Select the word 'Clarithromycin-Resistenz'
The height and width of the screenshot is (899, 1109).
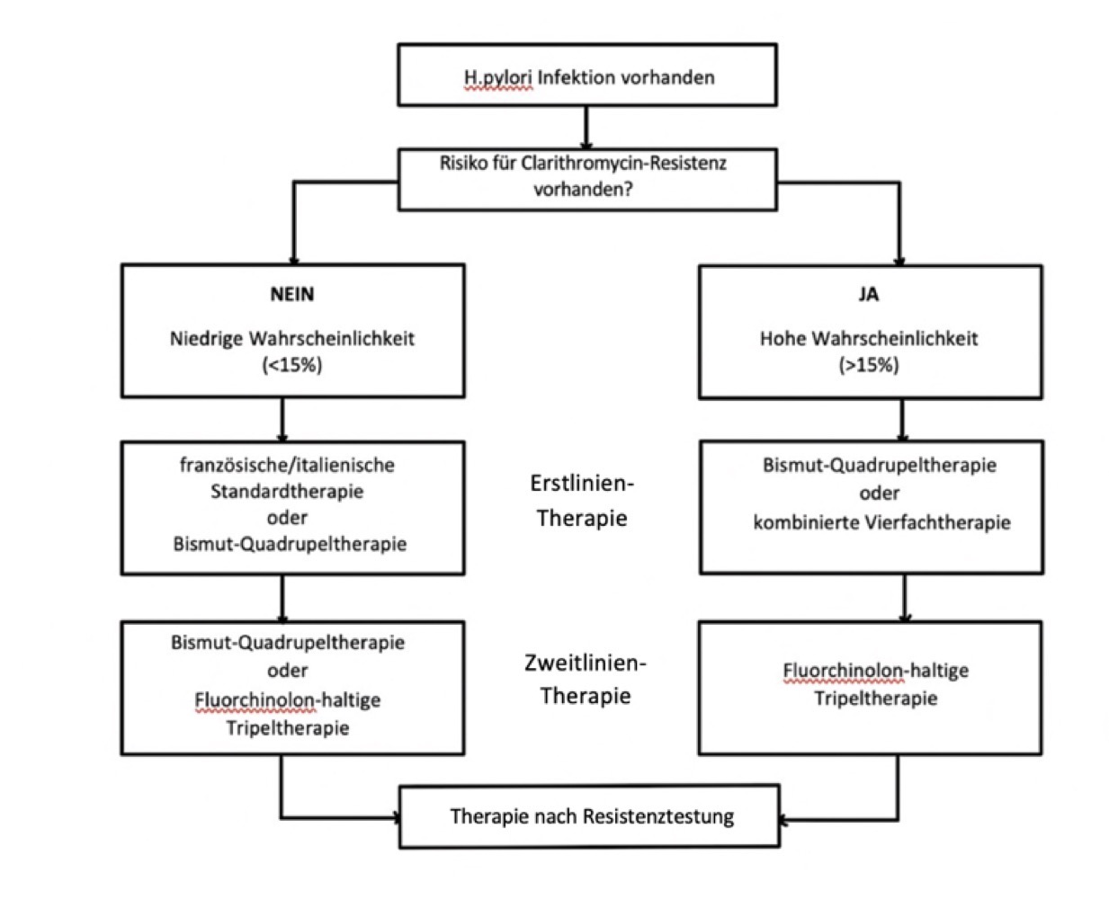tap(623, 164)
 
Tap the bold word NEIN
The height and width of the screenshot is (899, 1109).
tap(292, 295)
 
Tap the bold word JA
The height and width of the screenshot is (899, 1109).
tap(869, 295)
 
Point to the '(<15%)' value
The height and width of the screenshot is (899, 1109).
tap(292, 365)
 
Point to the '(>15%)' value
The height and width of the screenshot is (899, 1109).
tap(869, 365)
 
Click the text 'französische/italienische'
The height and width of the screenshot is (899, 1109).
tap(288, 465)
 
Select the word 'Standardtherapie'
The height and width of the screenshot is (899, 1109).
tap(287, 491)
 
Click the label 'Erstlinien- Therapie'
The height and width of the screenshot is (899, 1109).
tap(582, 501)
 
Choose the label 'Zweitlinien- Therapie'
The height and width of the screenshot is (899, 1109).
tap(586, 679)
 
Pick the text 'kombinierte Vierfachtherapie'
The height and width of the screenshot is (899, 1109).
tap(881, 522)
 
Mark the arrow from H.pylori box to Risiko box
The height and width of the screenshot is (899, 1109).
tap(586, 128)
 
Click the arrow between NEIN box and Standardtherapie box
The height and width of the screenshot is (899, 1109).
tap(282, 420)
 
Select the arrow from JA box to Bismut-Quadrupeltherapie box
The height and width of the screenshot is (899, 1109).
tap(902, 420)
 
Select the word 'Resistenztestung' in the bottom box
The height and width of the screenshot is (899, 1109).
tap(658, 817)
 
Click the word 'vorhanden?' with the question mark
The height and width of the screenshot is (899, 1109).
tap(583, 189)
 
